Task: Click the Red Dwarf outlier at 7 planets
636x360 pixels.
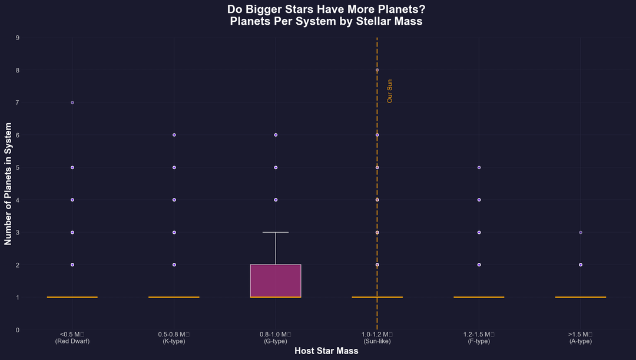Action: click(x=72, y=103)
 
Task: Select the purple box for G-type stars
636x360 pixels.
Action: click(x=276, y=280)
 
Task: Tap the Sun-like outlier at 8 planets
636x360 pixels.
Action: click(x=377, y=70)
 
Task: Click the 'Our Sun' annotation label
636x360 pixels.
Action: click(x=389, y=91)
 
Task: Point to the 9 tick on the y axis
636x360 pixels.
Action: click(x=18, y=38)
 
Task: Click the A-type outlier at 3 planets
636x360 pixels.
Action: click(x=581, y=232)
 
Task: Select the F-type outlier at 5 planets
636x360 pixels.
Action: click(x=479, y=167)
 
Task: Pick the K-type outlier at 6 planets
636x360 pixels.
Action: click(x=174, y=135)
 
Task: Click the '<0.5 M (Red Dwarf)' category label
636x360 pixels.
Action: click(x=72, y=338)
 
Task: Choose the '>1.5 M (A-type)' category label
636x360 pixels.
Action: click(x=581, y=338)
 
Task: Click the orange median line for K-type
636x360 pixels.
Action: click(x=174, y=297)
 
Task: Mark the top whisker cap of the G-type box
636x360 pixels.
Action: click(x=276, y=232)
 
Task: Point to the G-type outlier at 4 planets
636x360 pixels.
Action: click(x=276, y=200)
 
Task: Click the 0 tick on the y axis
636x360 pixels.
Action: click(x=18, y=330)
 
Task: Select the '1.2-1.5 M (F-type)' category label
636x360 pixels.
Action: click(x=479, y=338)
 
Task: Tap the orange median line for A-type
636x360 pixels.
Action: click(x=581, y=297)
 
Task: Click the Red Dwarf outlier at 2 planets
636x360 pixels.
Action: click(x=72, y=265)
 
